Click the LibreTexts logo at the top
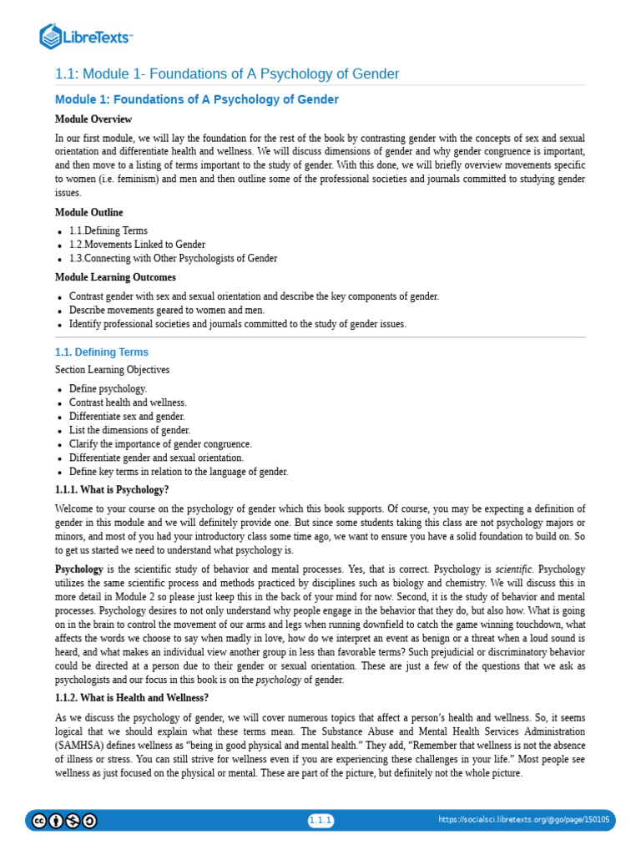(87, 36)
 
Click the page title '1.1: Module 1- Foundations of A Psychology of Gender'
(227, 74)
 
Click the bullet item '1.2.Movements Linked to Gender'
(137, 245)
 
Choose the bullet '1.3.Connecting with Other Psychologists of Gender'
(173, 259)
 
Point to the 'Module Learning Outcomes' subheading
(115, 277)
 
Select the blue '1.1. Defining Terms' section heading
(102, 352)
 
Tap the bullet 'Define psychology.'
(108, 389)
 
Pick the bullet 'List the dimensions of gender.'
(129, 430)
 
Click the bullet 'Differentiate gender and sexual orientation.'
(156, 458)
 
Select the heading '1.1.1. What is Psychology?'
(112, 490)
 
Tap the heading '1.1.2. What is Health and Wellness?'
(132, 697)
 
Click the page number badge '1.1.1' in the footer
(320, 820)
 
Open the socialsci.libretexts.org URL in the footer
(523, 820)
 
